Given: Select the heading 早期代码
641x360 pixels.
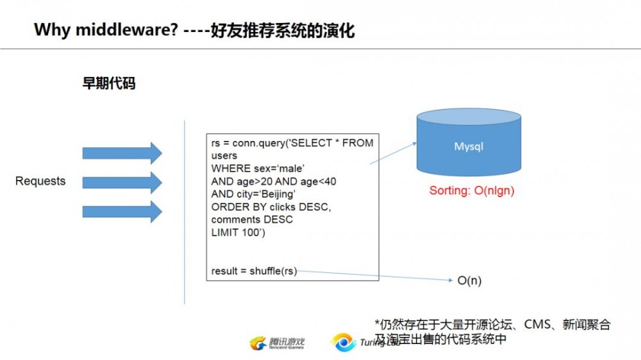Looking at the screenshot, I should (x=109, y=84).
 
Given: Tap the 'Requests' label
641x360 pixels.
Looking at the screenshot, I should (x=40, y=181).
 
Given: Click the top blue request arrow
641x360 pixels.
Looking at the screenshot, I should (x=122, y=152).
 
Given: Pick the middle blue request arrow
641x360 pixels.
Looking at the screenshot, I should (x=122, y=182).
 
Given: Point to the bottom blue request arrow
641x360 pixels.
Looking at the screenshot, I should (x=122, y=211).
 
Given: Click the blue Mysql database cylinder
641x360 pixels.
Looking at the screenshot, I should (x=469, y=146).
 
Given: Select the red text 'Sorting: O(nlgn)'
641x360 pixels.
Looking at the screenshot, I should (x=472, y=191).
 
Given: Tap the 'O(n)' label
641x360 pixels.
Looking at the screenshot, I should (x=469, y=281).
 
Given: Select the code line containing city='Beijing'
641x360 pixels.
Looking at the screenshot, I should (x=253, y=194).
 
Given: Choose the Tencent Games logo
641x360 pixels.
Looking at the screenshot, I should (x=277, y=344).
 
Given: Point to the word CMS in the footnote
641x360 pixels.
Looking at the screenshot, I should (x=537, y=325).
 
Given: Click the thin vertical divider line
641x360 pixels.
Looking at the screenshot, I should (x=185, y=211).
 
